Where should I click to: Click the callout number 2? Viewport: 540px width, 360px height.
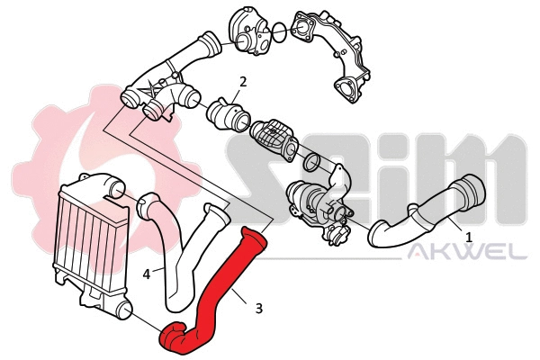pos(242,83)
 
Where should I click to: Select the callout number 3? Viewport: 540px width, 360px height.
pos(259,308)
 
